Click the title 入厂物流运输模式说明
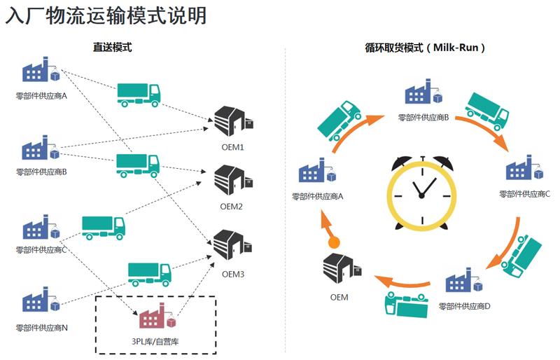click(x=106, y=16)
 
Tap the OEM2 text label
click(x=231, y=207)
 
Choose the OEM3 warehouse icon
click(x=231, y=247)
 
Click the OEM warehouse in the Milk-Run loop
click(x=339, y=269)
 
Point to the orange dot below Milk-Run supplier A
click(x=335, y=242)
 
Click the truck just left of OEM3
click(x=149, y=272)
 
